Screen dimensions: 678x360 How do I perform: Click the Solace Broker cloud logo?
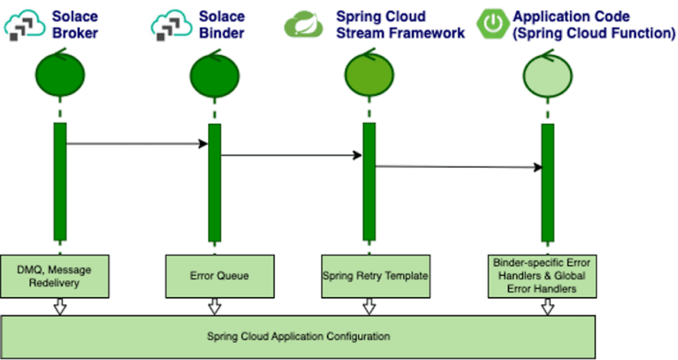(25, 25)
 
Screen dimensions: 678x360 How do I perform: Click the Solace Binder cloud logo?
(172, 25)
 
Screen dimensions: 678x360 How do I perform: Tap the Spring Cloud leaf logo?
(303, 25)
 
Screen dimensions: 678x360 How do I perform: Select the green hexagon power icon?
(493, 23)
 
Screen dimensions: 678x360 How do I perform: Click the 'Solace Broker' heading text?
(74, 25)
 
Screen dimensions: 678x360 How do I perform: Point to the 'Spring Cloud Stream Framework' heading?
(401, 25)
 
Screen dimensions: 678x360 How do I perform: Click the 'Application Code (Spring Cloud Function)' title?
(594, 25)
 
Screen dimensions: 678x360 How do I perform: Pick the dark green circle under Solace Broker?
(60, 74)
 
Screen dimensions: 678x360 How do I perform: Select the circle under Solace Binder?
(215, 75)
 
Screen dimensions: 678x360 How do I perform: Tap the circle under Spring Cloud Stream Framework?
(369, 74)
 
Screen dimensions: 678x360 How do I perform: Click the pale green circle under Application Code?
(548, 75)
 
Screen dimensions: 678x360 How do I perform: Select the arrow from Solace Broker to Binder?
(137, 143)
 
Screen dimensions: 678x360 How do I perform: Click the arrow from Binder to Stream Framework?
(291, 155)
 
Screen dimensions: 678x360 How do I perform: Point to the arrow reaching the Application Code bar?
(459, 167)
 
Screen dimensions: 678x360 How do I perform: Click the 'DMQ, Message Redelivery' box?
(55, 276)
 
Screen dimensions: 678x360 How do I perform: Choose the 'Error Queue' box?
(219, 276)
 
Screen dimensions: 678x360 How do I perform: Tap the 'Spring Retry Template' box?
(375, 276)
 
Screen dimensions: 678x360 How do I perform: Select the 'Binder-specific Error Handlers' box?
(542, 276)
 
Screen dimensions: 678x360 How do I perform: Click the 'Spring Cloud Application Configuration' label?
(299, 336)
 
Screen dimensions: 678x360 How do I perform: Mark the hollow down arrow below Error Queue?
(215, 307)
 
